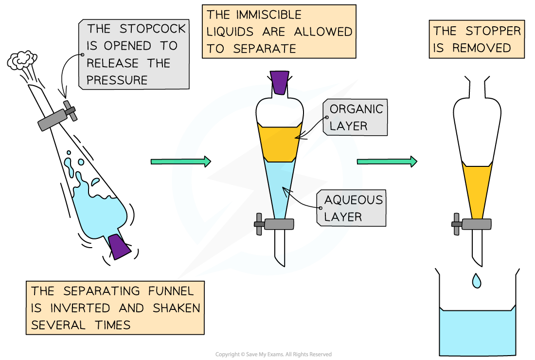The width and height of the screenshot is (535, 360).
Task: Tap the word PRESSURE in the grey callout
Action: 117,80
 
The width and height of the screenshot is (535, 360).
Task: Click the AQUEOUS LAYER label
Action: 353,208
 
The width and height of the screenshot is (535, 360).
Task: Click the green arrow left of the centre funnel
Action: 180,162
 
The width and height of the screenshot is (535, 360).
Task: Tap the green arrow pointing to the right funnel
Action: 387,162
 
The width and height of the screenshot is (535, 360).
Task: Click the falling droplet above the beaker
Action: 477,281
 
